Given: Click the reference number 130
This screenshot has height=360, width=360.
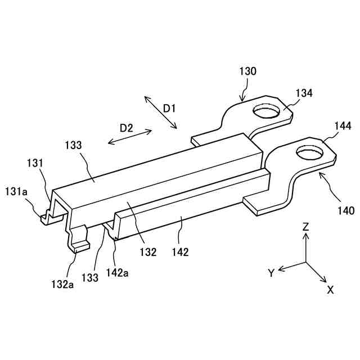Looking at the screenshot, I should coord(247,71).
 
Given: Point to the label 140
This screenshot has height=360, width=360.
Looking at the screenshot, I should coord(345,211).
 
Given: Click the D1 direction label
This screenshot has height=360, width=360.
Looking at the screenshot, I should coord(170,108).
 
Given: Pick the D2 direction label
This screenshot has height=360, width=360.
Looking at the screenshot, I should coord(126,128).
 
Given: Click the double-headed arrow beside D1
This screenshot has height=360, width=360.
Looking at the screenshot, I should coord(160,112).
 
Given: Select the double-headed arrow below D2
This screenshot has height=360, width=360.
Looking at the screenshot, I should coord(130,137).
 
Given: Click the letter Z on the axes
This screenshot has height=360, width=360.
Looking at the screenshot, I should coord(305,227).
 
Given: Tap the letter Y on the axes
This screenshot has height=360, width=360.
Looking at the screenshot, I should coord(271,273).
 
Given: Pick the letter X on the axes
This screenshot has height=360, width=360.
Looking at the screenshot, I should coord(331,290).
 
